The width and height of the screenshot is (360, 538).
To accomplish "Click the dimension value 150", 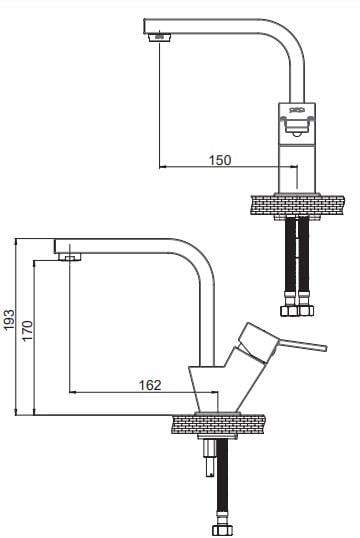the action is pos(220,160).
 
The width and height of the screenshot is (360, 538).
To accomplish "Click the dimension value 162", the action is pos(150,385).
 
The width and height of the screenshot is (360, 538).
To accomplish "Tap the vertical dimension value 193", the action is pos(9,319).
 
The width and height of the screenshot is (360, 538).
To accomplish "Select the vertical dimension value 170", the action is pos(27,330).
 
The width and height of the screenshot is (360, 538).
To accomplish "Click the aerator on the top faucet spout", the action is pos(160,36).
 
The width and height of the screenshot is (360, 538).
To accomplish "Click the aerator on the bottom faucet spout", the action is pos(70,257).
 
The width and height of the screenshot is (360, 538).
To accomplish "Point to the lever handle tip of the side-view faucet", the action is pos(324,348).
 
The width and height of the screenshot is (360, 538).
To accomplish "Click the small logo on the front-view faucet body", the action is pos(297,110).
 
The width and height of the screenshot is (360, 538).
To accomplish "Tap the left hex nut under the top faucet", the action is pos(289,311).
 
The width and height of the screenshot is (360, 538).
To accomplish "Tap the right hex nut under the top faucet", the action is pos(305,311).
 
